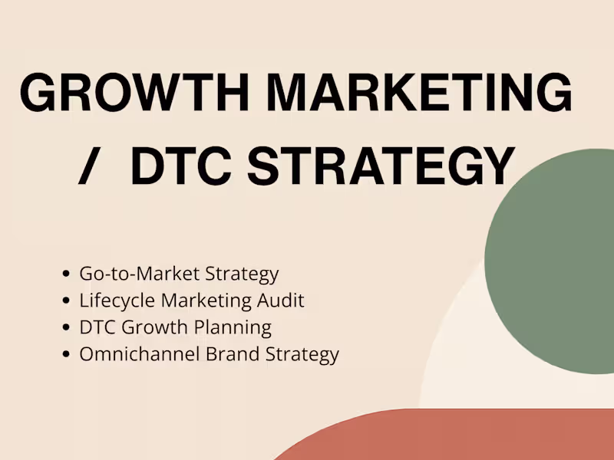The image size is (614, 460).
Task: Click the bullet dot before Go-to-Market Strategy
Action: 68,274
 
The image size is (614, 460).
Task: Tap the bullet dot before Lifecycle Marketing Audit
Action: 68,301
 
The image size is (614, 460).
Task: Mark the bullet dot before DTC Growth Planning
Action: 68,328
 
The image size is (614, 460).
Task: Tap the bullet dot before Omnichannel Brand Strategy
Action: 68,355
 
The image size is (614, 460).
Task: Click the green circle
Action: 551,261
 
